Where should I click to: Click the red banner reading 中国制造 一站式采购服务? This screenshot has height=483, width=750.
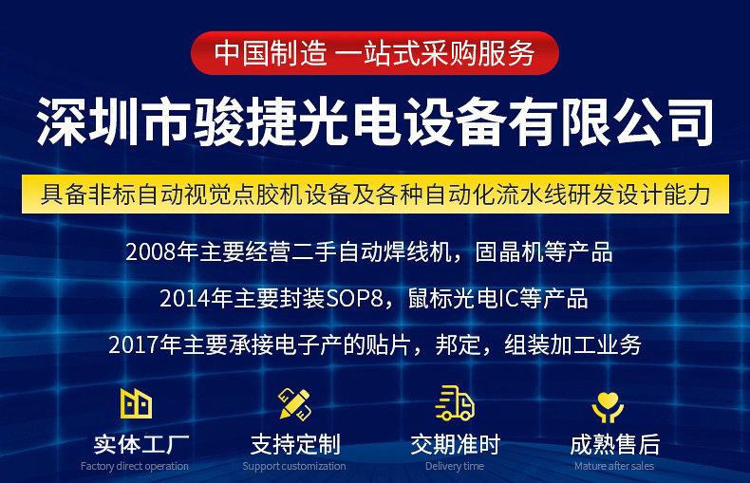375,53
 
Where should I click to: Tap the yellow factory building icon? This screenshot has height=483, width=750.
136,403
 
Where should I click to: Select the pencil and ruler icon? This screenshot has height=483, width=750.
294,404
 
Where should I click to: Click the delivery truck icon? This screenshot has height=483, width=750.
455,403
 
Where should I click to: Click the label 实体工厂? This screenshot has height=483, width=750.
141,444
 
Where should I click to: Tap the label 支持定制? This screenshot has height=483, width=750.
295,444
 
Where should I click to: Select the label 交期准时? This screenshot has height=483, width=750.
456,444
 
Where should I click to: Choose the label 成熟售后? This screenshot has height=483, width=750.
614,444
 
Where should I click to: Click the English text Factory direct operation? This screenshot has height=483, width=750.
135,466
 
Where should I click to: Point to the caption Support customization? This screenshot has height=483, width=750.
294,466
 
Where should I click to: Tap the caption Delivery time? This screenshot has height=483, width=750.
455,466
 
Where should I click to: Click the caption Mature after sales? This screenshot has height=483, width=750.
614,466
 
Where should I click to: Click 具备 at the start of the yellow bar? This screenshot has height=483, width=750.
64,195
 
